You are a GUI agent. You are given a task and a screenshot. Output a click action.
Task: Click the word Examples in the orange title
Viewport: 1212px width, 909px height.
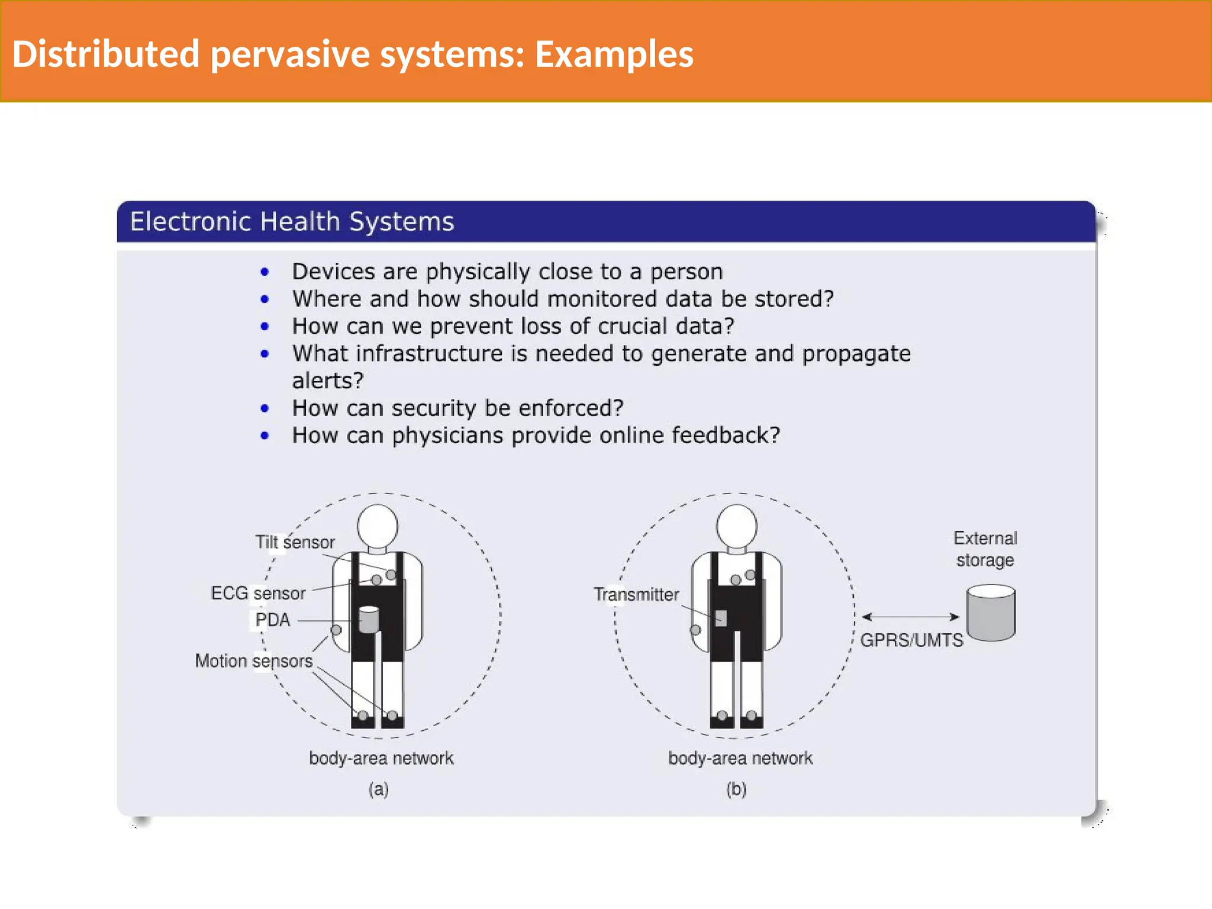[614, 54]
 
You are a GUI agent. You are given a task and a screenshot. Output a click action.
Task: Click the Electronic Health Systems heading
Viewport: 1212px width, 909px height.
[292, 222]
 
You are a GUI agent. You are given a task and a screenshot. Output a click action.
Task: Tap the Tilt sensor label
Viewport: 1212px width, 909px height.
[295, 542]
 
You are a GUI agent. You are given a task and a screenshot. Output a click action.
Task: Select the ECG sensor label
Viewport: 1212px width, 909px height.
[258, 593]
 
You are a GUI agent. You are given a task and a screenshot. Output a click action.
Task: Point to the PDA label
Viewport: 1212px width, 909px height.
[272, 620]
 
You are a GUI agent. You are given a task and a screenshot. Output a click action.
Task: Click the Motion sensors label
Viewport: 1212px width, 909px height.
[254, 660]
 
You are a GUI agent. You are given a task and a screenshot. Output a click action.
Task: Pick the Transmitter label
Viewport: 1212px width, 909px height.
[636, 594]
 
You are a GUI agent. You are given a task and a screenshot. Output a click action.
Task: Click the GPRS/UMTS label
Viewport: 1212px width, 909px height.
[911, 640]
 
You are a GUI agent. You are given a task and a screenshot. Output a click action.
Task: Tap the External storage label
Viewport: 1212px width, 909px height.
[985, 549]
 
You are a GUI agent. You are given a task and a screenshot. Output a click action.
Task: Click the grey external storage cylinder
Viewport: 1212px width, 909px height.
[991, 614]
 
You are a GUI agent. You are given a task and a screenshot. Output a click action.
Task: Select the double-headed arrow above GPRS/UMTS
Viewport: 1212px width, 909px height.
[910, 617]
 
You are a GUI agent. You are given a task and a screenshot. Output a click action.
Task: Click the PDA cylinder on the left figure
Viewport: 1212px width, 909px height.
[369, 620]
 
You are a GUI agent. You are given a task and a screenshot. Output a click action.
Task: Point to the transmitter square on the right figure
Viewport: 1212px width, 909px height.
[721, 618]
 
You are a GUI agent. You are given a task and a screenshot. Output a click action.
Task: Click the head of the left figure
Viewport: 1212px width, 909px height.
[378, 526]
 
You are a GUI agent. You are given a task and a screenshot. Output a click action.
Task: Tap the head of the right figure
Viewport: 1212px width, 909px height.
[736, 526]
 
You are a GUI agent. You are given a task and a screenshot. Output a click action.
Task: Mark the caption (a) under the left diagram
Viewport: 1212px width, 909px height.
[379, 789]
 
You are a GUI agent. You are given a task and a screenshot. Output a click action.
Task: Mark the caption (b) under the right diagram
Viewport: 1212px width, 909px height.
[737, 789]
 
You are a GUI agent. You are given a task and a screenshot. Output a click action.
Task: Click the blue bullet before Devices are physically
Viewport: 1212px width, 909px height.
[265, 272]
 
